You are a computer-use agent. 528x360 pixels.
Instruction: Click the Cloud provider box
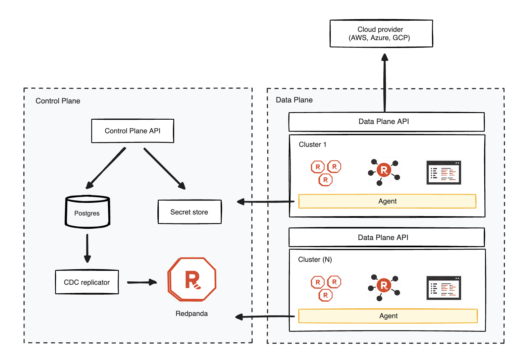coord(381,33)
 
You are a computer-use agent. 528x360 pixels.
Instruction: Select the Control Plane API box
coord(132,131)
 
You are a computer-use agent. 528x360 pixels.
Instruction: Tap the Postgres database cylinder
coord(87,212)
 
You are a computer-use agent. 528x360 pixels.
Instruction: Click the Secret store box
coord(189,212)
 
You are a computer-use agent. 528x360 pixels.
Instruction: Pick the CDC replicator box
coord(87,282)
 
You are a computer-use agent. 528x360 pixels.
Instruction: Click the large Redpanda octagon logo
coord(192,279)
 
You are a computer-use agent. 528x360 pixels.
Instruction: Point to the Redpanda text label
coord(191,314)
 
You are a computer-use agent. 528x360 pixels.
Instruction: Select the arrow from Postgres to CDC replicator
coord(87,248)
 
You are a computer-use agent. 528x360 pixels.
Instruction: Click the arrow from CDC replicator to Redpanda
coord(142,282)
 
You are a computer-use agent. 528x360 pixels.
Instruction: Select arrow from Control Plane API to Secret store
coord(164,168)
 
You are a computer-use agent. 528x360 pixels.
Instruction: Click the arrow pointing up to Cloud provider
coord(385,83)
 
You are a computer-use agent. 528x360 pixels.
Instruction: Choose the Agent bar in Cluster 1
coord(387,201)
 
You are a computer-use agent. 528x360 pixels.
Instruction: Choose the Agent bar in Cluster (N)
coord(388,316)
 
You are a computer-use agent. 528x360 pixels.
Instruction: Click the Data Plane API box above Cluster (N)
coord(386,237)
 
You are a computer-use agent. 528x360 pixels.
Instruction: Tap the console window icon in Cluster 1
coord(444,173)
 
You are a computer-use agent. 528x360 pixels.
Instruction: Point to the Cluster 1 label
coord(312,145)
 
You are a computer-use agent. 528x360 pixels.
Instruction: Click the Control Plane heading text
coord(58,101)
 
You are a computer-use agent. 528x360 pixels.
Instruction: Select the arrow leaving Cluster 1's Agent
coord(265,202)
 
